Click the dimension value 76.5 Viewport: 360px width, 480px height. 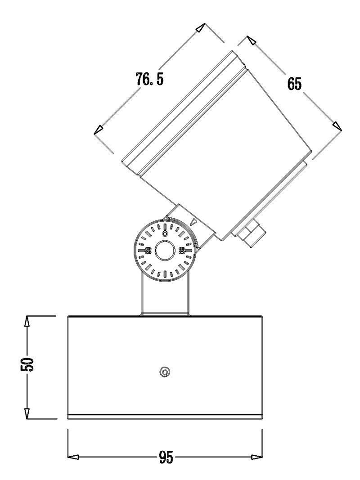(149, 80)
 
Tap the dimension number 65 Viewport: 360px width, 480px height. (295, 85)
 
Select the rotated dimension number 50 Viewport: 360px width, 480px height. (28, 364)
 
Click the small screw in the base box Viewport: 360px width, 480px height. (165, 372)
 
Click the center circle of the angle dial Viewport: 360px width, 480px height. (164, 250)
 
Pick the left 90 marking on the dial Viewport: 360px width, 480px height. (148, 250)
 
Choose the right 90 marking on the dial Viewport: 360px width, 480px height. (182, 251)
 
